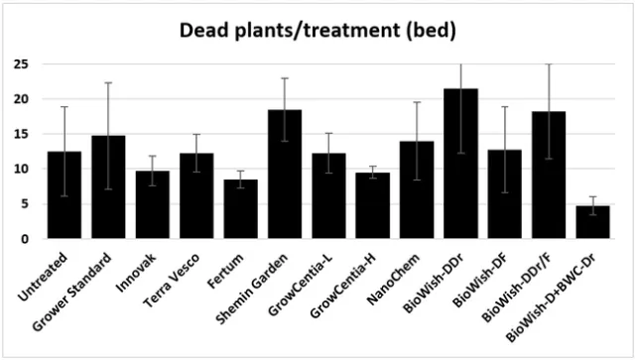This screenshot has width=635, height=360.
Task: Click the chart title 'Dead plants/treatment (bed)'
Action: click(317, 31)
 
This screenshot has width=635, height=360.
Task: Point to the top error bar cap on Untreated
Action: click(64, 106)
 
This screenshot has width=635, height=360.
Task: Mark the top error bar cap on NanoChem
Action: click(417, 102)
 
